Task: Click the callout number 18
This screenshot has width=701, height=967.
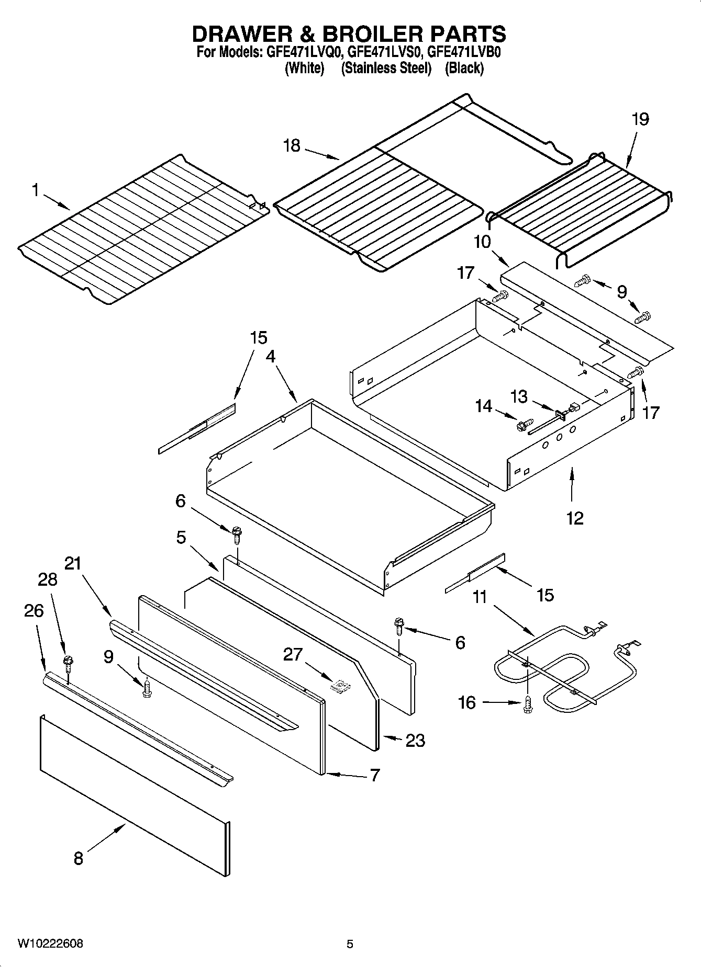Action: click(x=292, y=145)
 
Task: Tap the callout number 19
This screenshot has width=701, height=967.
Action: click(x=640, y=119)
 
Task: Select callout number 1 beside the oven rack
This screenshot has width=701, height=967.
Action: click(x=36, y=190)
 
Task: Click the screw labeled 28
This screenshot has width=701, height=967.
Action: click(x=68, y=662)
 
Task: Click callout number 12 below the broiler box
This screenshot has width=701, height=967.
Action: click(x=574, y=518)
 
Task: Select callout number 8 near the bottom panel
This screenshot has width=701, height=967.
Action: click(x=78, y=858)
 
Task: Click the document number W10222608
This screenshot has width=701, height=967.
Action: click(x=50, y=943)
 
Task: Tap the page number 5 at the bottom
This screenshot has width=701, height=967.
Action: click(x=350, y=944)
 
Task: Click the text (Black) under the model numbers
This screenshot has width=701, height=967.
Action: click(x=464, y=68)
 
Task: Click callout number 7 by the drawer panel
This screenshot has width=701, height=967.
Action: click(x=375, y=775)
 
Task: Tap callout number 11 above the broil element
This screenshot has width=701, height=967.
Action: click(x=480, y=596)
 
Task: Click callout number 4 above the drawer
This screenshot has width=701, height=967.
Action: click(x=270, y=357)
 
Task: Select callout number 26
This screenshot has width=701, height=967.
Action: click(x=34, y=611)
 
